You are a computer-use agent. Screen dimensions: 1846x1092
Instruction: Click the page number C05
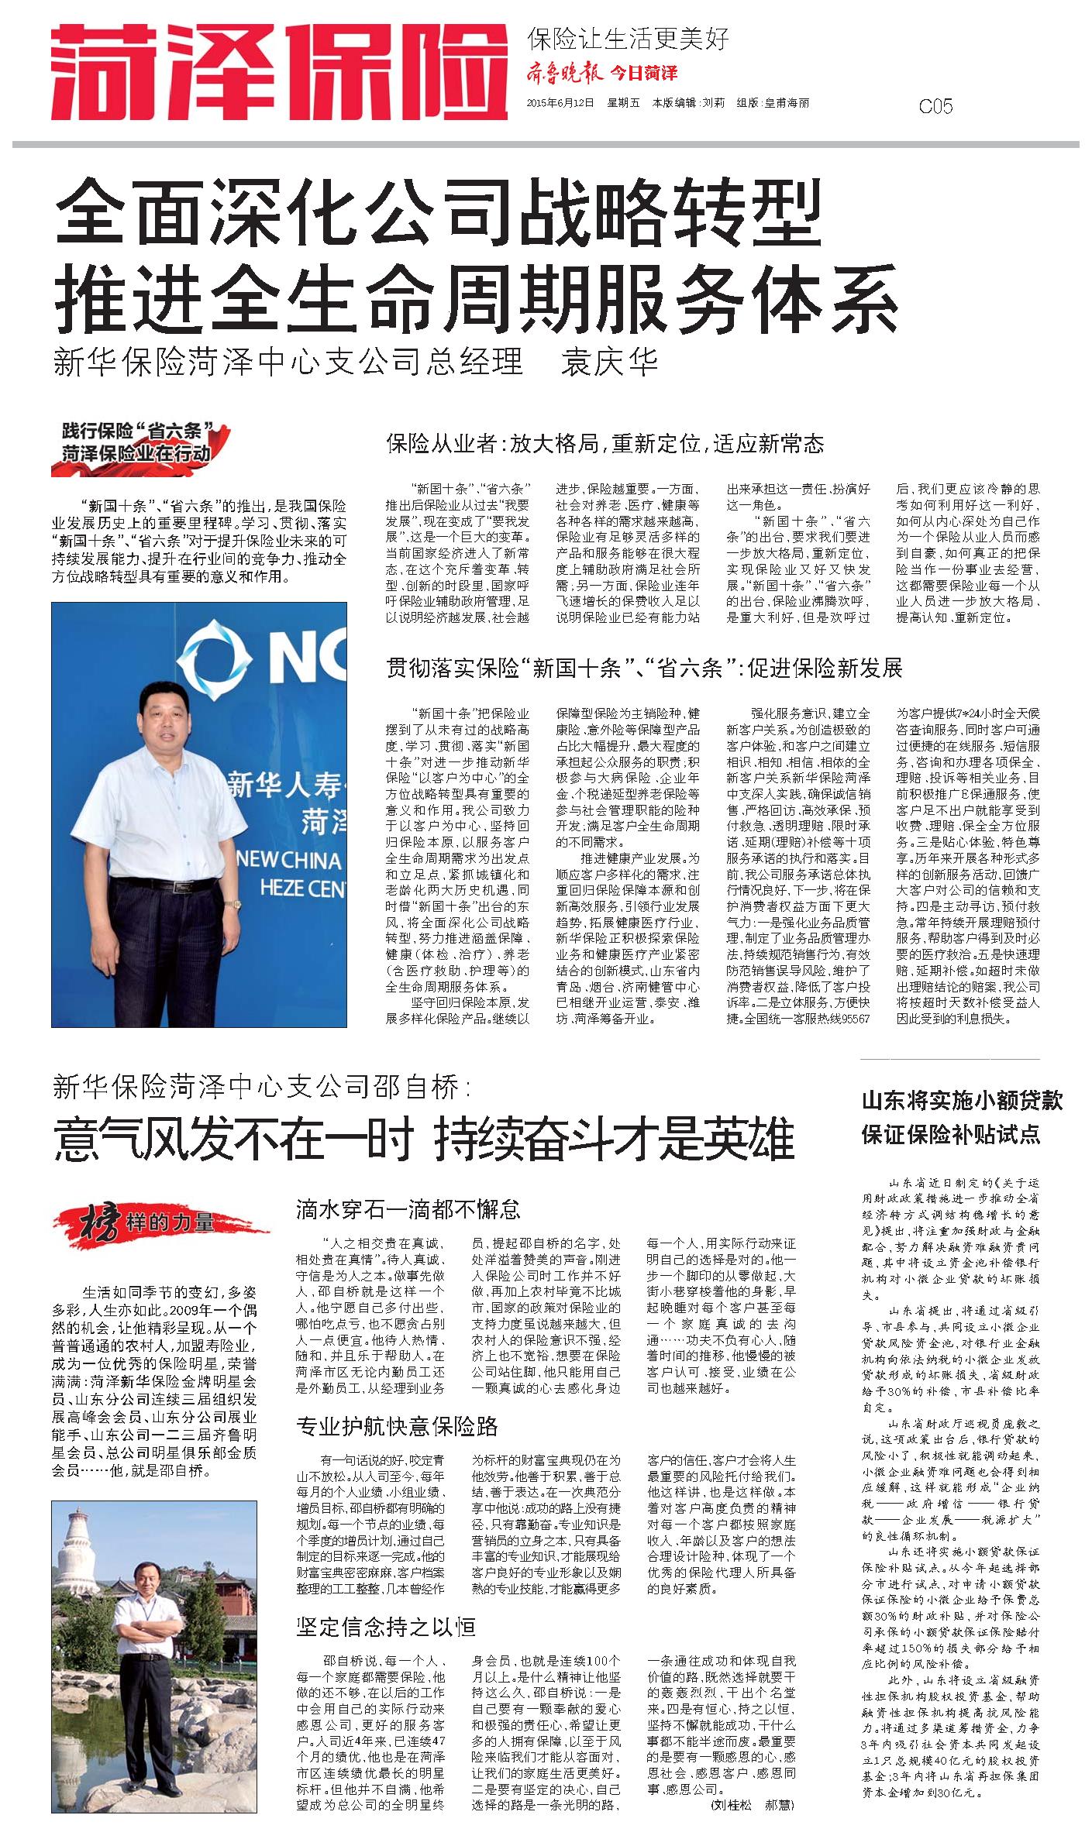[935, 106]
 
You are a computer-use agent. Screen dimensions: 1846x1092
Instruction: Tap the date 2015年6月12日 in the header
[560, 103]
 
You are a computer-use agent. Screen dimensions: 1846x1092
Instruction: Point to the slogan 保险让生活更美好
[628, 38]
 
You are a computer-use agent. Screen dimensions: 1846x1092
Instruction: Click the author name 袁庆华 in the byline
[609, 361]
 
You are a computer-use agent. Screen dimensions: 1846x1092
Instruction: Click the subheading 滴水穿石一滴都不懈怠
[408, 1208]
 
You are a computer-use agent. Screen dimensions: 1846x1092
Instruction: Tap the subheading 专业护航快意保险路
[397, 1426]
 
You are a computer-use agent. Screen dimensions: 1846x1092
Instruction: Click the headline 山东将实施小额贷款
[962, 1101]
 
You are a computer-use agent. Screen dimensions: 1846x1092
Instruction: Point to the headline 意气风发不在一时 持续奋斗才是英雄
[424, 1139]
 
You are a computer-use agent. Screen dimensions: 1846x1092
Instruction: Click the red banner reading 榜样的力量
[160, 1223]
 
